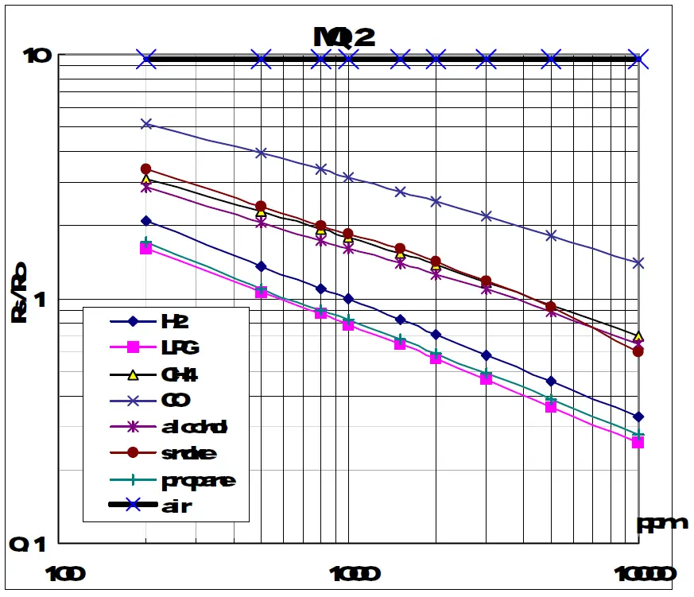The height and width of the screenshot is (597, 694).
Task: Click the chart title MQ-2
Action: (x=344, y=37)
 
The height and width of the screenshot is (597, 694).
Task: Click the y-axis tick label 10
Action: (x=37, y=56)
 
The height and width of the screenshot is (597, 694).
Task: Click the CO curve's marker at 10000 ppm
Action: (x=638, y=263)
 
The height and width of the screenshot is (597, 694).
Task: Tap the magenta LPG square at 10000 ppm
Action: (x=638, y=442)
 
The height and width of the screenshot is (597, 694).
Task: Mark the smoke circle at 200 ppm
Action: (x=146, y=169)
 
